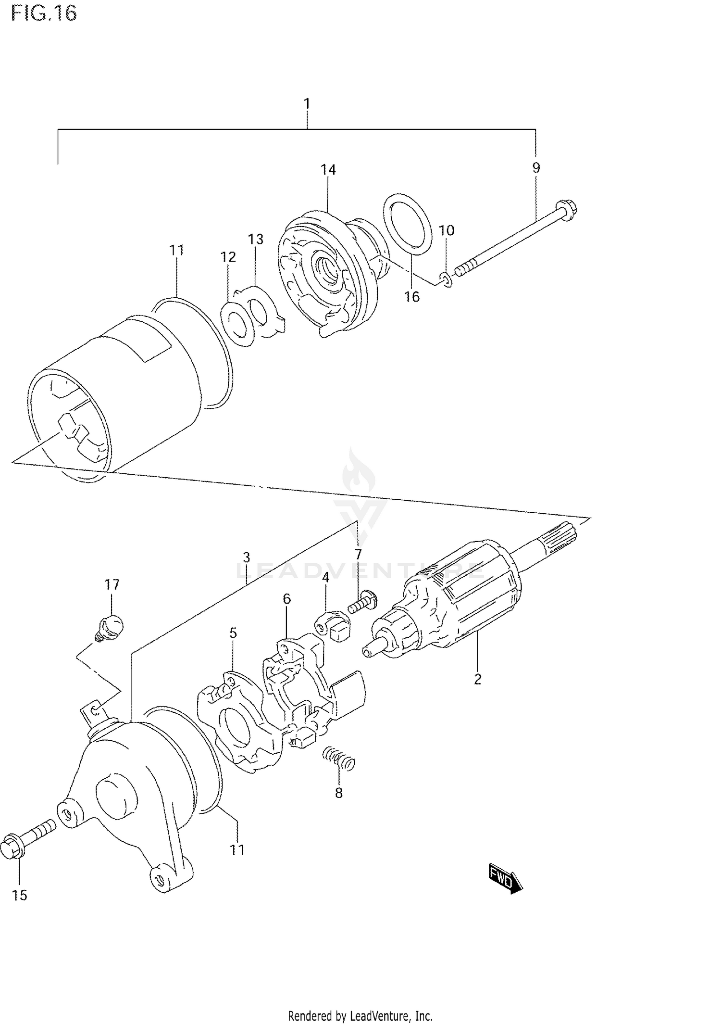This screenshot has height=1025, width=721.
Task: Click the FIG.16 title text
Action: tap(44, 13)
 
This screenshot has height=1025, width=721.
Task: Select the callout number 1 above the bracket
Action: tap(307, 103)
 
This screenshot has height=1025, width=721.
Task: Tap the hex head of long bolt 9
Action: tap(567, 211)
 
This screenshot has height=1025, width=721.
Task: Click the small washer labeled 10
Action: tap(446, 279)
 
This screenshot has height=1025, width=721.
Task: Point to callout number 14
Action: tap(329, 169)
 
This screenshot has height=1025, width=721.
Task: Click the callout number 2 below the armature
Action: tap(477, 679)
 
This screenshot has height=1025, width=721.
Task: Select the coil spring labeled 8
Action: tap(339, 760)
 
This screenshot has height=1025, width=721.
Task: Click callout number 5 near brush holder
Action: tap(233, 633)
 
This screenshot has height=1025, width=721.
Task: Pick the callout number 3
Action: tap(246, 557)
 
